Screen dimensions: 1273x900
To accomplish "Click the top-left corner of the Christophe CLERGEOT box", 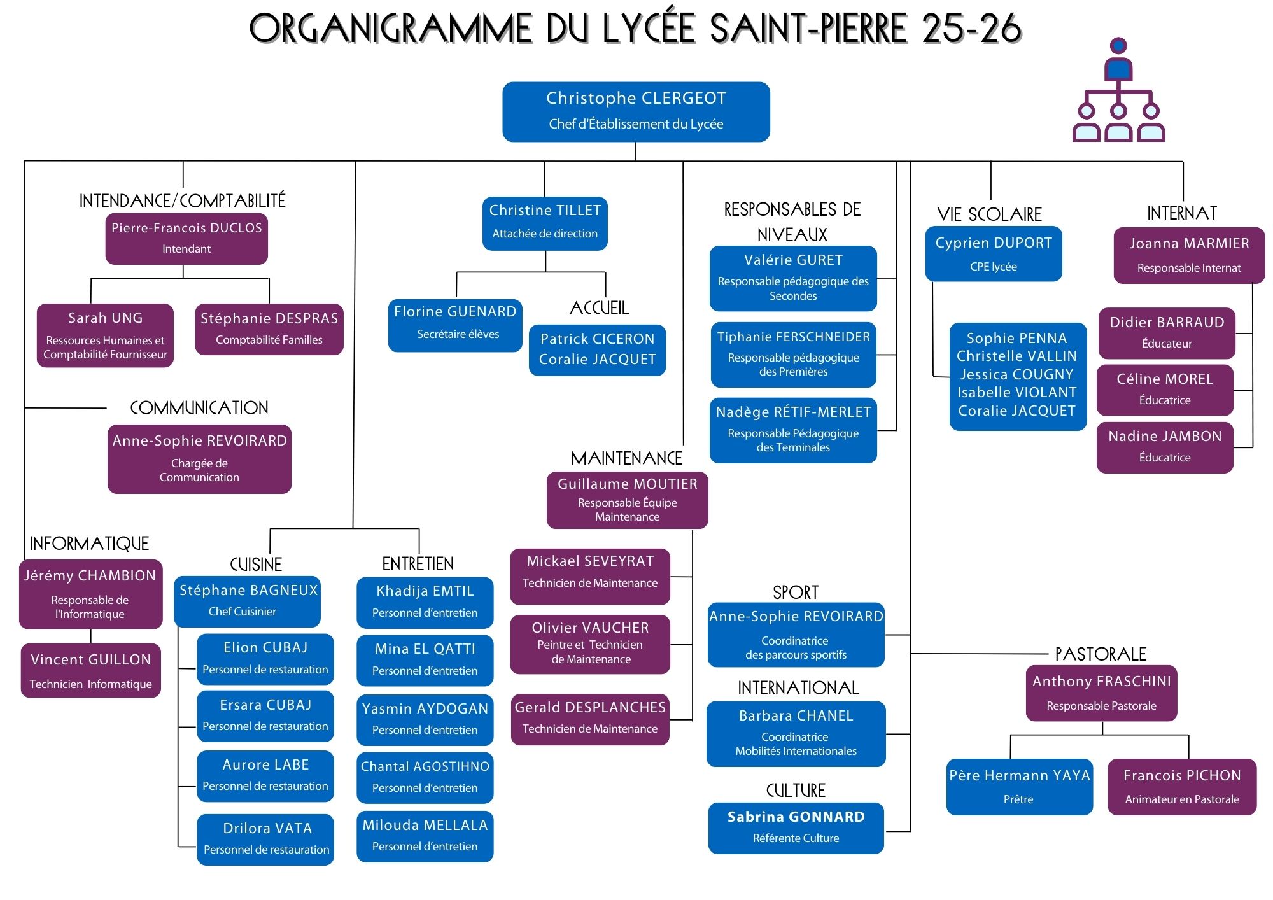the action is pos(503,83).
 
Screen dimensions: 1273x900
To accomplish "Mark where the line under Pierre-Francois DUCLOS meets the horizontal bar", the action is pos(183,278).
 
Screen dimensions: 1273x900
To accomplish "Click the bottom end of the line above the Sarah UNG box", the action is pos(91,304).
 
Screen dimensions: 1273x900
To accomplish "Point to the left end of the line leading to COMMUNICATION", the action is pos(25,408).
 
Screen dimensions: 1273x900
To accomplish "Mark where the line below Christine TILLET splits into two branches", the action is pos(545,272).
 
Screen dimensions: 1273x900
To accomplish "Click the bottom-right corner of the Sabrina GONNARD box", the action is pos(883,854).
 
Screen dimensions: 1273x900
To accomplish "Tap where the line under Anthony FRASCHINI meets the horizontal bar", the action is pos(1102,735).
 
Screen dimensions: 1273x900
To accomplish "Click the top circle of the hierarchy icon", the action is pos(1118,46).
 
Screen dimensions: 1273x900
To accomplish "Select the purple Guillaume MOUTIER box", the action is pos(627,500).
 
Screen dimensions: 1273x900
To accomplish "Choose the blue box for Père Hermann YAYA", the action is pos(1019,787).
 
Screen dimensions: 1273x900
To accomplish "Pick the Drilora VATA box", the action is pos(265,840).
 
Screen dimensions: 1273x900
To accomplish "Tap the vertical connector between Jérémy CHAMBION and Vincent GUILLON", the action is pos(91,636).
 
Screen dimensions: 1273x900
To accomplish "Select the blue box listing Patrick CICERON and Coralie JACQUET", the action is pos(597,350).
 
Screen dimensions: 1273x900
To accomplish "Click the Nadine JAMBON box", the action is pos(1165,447).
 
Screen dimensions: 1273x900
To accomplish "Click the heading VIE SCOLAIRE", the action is pos(990,214).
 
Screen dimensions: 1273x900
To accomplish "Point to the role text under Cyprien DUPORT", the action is pos(994,267).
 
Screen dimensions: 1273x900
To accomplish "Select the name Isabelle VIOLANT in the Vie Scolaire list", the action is pos(1017,392).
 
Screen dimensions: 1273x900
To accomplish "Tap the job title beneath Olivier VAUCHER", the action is pos(590,652).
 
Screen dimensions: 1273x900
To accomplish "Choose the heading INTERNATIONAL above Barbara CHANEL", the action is pos(798,688).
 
